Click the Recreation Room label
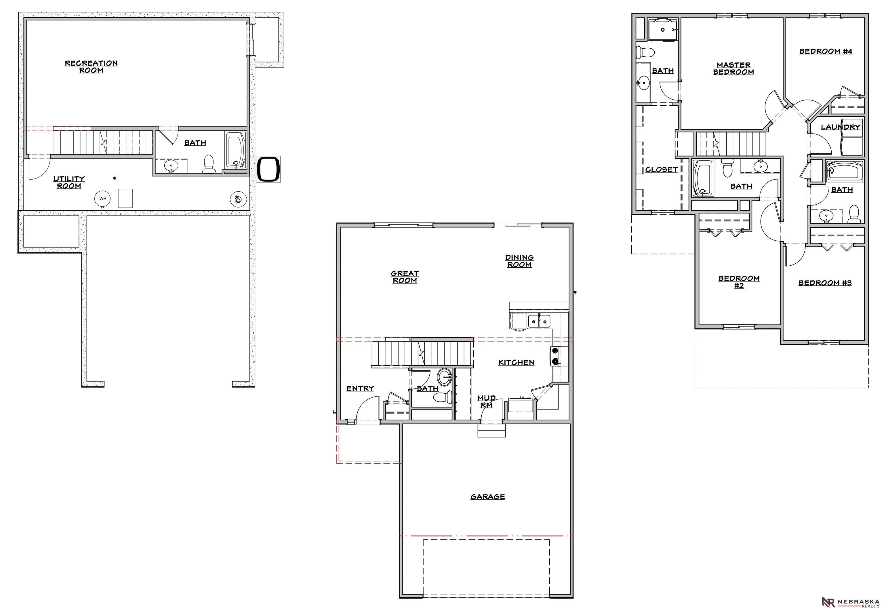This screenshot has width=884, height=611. point(91,66)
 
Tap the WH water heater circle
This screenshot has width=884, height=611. point(102,199)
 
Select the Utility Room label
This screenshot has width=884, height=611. point(69,182)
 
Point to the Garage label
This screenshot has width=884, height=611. point(487,496)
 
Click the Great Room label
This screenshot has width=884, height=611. point(405,277)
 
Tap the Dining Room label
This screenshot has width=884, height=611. point(519,261)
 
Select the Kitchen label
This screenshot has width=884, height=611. point(516,362)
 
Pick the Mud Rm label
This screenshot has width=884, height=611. point(486,401)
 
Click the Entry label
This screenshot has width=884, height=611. point(360,388)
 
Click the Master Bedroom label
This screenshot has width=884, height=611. point(733,68)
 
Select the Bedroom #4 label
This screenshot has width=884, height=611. point(826,51)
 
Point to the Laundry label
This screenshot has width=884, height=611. point(840,127)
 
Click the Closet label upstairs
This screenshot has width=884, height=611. point(661,169)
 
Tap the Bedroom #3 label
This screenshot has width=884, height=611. point(825,283)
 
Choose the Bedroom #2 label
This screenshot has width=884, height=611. point(739,282)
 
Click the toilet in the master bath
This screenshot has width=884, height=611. point(645,52)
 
